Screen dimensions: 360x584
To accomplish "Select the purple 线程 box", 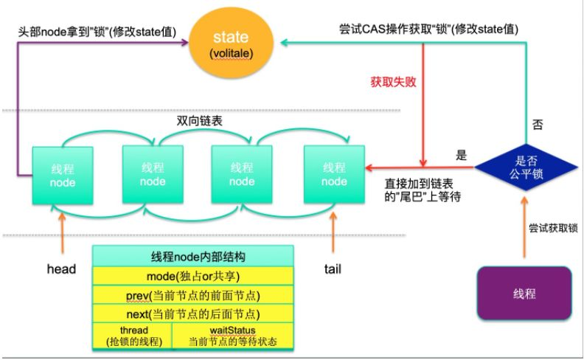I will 525,294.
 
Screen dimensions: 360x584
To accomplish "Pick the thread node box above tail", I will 333,175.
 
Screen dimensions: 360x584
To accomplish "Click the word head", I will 60,269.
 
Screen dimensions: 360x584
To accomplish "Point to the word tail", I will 333,269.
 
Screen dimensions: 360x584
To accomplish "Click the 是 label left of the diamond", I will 462,155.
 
